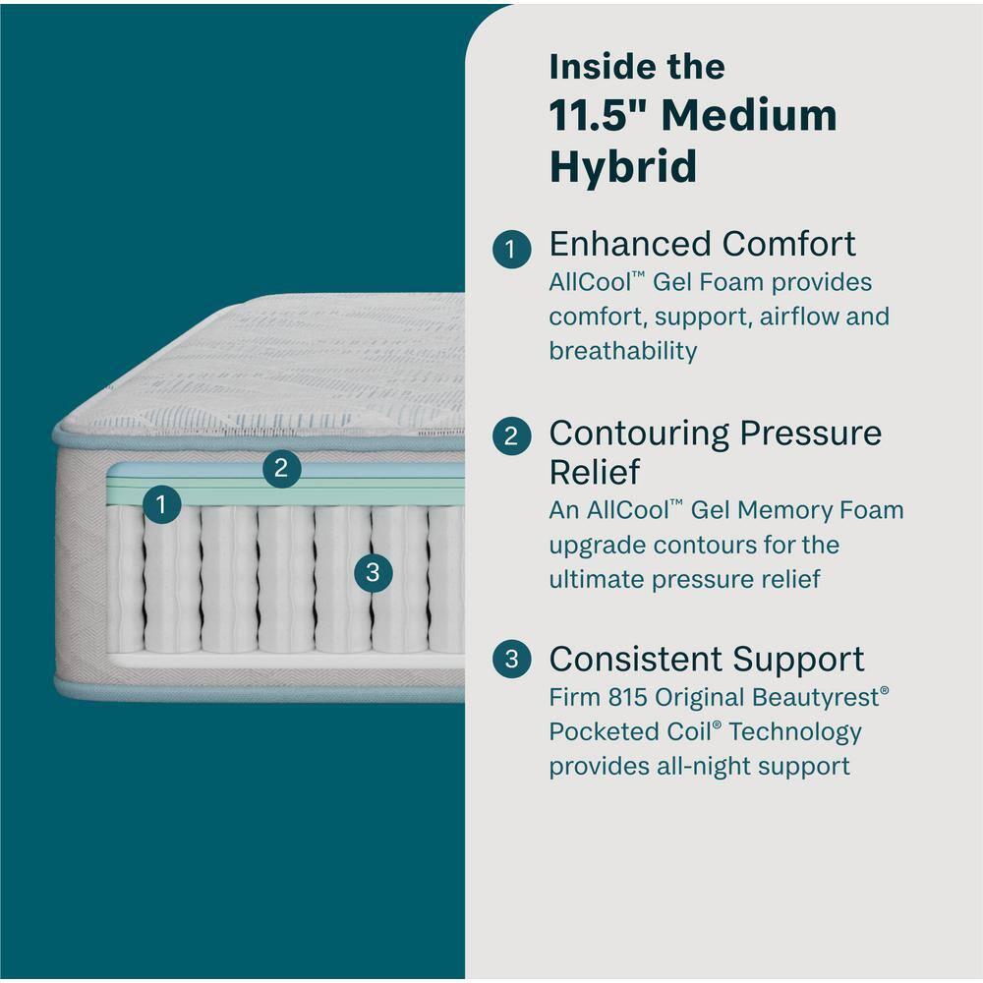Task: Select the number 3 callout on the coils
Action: [x=372, y=572]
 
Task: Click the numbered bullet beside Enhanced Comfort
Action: [x=511, y=249]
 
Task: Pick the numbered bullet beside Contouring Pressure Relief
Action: [x=511, y=436]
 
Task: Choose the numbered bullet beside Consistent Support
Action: [x=511, y=660]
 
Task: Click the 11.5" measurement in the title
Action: [x=598, y=115]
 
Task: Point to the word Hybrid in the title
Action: [x=622, y=165]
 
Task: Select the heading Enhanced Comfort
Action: [x=702, y=244]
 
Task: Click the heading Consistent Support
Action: [x=707, y=659]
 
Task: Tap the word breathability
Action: [x=623, y=351]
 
